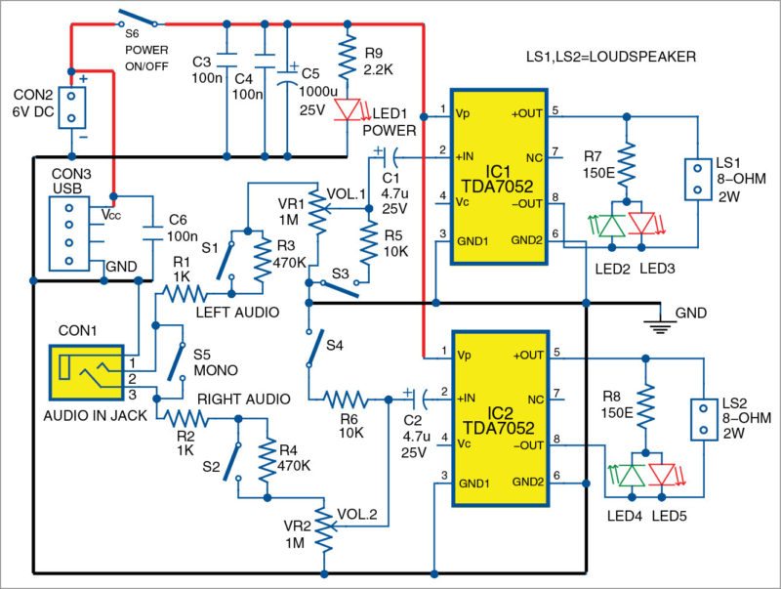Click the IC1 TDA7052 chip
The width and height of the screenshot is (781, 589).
[498, 176]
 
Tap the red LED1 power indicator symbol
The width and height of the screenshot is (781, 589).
[347, 109]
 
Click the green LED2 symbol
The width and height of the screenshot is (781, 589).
[611, 226]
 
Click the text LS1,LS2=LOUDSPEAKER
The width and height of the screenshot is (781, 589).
[610, 58]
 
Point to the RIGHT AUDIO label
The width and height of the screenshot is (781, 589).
[243, 399]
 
